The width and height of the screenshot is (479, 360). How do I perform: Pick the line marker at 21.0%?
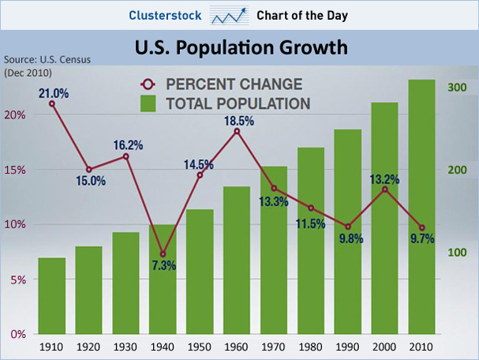(52, 103)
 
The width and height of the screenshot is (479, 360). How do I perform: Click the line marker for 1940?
(163, 254)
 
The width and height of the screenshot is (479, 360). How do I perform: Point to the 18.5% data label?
(238, 121)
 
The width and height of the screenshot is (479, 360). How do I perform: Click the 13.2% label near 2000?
(384, 179)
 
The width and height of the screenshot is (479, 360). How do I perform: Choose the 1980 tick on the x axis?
(310, 346)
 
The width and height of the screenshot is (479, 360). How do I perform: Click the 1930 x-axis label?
(125, 346)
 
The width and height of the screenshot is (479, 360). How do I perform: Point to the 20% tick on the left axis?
(17, 114)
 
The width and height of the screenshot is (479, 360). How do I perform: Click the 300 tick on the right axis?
(458, 88)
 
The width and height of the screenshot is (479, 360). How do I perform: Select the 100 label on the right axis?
(458, 253)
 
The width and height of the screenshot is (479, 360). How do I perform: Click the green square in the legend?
(148, 103)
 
